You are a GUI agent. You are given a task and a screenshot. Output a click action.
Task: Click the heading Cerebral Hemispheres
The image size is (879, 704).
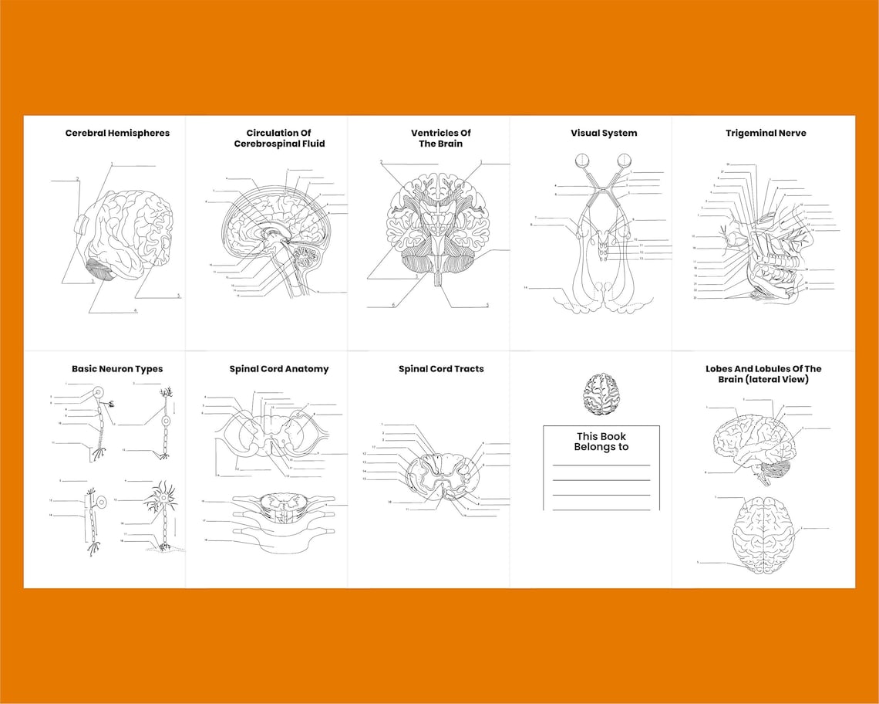(x=117, y=133)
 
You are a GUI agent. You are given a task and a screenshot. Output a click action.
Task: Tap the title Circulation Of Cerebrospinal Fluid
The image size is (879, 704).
(x=279, y=138)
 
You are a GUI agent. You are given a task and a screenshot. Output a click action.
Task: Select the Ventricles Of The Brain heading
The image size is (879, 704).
(x=440, y=138)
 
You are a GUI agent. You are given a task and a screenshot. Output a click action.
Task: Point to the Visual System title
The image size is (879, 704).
(x=604, y=133)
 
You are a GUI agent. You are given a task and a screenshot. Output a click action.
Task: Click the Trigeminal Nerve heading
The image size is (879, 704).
(x=765, y=133)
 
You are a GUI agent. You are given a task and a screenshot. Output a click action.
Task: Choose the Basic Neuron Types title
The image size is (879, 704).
(x=117, y=369)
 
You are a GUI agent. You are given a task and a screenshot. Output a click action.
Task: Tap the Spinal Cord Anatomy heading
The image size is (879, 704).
(x=278, y=369)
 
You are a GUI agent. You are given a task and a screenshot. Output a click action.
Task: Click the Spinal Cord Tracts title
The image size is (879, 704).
(x=441, y=369)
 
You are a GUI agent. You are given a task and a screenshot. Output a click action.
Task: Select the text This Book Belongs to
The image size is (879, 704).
(x=601, y=442)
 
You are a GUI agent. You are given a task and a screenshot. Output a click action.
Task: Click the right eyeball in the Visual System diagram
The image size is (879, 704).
(x=623, y=161)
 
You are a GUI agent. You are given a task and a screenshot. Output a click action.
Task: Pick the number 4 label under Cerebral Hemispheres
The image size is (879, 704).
(x=135, y=310)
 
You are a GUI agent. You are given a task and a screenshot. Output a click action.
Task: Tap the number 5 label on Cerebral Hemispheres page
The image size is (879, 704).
(x=178, y=296)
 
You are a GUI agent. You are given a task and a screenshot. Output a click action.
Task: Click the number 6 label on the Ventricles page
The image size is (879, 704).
(x=393, y=305)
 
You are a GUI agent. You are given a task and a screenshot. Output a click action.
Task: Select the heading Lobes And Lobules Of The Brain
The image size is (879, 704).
(x=763, y=374)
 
